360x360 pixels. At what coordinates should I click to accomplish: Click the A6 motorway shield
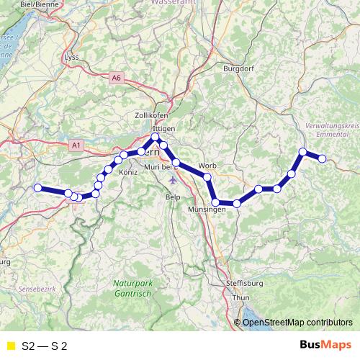pyautogui.click(x=117, y=77)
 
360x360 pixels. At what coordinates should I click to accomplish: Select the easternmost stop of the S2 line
pyautogui.click(x=323, y=158)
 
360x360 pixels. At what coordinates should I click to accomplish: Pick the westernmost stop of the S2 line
pyautogui.click(x=38, y=188)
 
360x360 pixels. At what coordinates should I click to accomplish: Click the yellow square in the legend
pyautogui.click(x=10, y=346)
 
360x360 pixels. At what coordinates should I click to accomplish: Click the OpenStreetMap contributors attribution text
pyautogui.click(x=297, y=322)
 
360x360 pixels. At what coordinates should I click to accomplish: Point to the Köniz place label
pyautogui.click(x=128, y=174)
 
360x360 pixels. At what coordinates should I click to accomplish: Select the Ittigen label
pyautogui.click(x=164, y=127)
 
